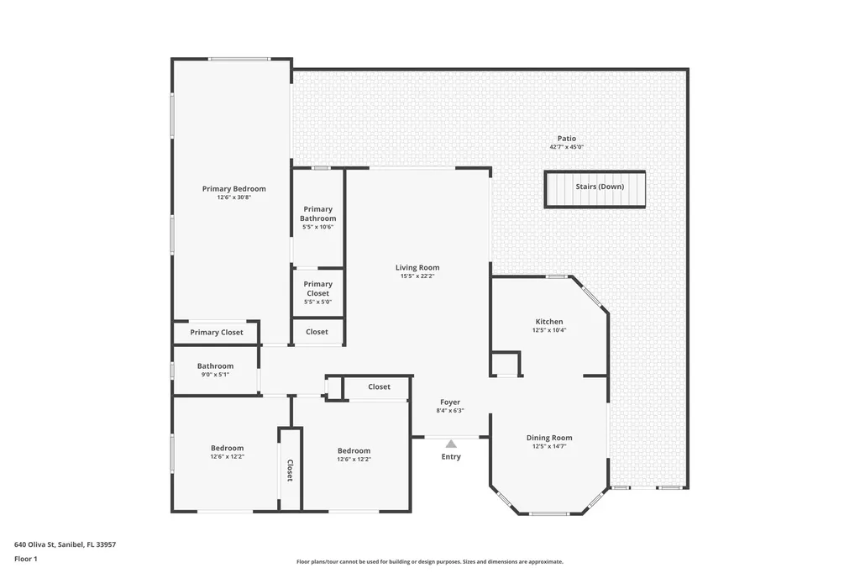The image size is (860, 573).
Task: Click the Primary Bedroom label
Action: [233, 189]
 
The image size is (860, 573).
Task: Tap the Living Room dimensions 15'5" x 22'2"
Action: [417, 276]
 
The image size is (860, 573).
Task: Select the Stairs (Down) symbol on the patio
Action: [595, 188]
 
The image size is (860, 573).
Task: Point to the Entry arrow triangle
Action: [451, 444]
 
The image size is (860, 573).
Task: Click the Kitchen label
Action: [549, 322]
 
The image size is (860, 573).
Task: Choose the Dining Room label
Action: [549, 438]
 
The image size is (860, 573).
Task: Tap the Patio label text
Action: [567, 139]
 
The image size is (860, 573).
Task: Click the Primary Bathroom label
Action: [317, 213]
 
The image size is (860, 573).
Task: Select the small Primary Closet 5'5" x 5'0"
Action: [317, 289]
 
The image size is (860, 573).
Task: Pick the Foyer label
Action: [450, 402]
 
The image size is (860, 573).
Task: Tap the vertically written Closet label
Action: [290, 470]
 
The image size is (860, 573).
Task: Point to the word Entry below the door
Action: [451, 457]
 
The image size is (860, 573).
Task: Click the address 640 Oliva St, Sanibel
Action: [65, 544]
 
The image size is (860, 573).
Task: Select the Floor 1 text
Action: [27, 559]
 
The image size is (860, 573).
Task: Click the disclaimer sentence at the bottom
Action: [429, 562]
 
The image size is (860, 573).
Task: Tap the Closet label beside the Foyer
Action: [379, 387]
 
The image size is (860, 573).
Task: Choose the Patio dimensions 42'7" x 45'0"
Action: [567, 147]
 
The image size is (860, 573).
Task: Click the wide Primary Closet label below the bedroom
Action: [216, 333]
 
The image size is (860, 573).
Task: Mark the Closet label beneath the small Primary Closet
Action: [317, 332]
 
